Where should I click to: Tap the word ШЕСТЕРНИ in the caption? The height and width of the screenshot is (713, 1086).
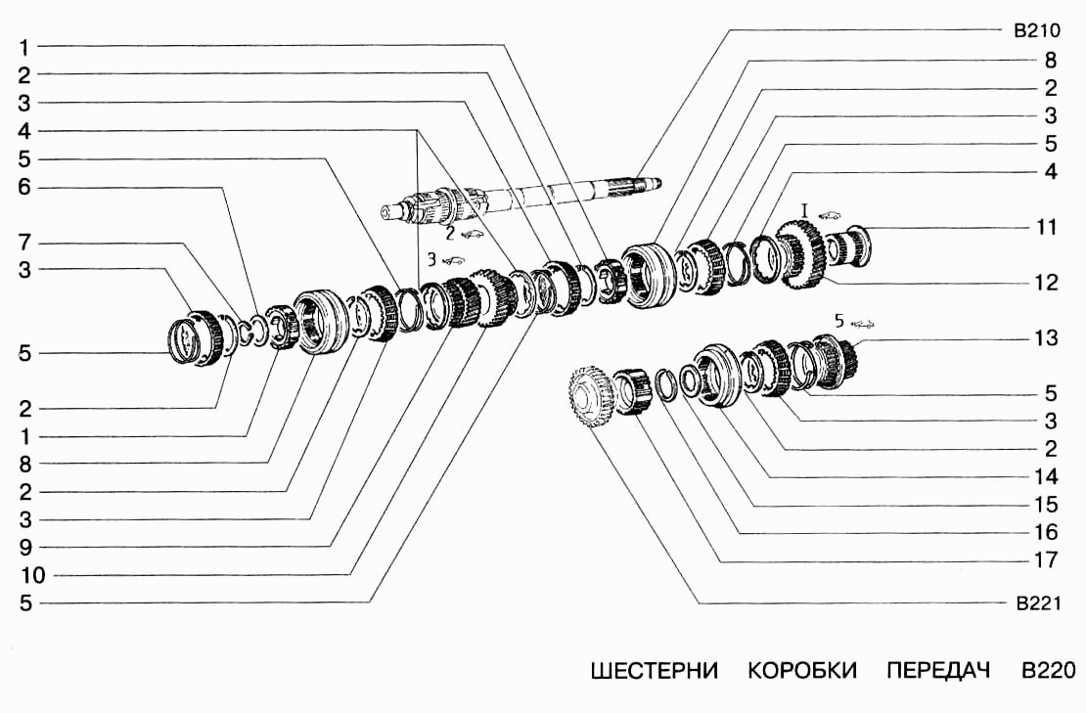(655, 671)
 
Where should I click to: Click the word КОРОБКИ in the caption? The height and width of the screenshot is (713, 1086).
(802, 671)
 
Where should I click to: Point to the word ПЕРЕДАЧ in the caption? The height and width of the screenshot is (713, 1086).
(938, 671)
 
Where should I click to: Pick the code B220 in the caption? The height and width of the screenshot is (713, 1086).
(1047, 671)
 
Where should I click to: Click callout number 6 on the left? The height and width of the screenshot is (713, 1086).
(24, 187)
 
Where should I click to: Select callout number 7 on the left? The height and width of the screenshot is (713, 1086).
(24, 241)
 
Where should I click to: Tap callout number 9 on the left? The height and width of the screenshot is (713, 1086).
(24, 547)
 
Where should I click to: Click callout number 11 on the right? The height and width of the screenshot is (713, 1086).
(1047, 227)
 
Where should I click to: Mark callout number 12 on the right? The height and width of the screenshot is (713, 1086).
(1047, 283)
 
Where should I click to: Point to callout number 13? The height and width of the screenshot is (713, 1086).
(1047, 338)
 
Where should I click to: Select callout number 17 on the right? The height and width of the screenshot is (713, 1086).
(1047, 561)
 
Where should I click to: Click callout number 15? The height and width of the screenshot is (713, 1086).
(1047, 506)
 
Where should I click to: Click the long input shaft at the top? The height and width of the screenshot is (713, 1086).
(548, 196)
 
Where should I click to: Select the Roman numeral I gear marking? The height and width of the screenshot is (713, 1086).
(803, 210)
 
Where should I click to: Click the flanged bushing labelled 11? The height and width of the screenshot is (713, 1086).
(855, 244)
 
